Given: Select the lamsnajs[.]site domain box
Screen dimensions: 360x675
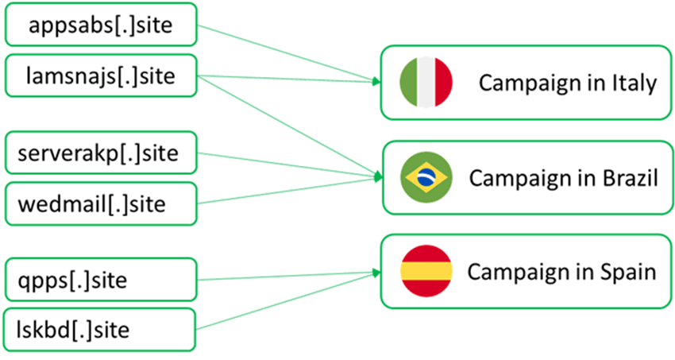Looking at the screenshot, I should coord(100,77).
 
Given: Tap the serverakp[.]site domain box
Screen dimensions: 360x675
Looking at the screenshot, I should coord(100,153).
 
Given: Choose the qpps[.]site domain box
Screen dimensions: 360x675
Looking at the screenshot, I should coord(100,279).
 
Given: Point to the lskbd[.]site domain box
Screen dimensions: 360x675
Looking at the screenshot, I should coord(100,328).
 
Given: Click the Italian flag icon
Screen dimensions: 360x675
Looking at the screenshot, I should coord(426,82).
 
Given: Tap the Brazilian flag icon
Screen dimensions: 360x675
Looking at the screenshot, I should coord(426,177).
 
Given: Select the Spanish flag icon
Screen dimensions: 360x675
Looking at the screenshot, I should coord(426,271).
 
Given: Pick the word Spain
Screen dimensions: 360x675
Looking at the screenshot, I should coord(627,272).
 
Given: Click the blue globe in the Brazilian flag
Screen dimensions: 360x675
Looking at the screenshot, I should coord(426,177).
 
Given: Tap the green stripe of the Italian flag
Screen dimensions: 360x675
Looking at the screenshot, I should coord(409,82).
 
